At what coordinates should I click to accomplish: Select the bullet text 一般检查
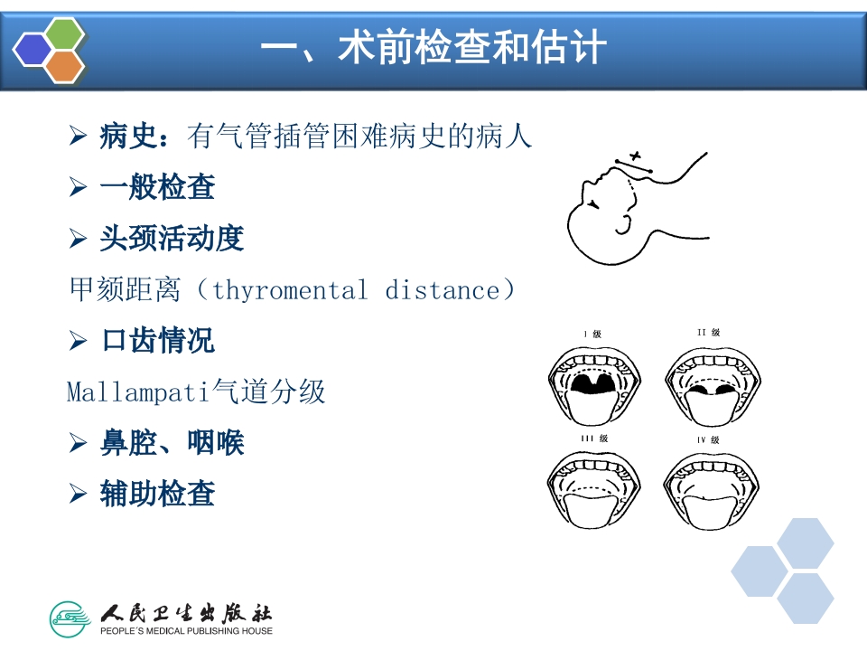[x=157, y=188]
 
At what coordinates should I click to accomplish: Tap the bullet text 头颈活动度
[x=172, y=239]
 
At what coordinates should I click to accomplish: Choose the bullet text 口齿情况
[x=157, y=341]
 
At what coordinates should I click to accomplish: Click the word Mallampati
[x=138, y=392]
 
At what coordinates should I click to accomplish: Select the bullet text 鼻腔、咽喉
[x=172, y=443]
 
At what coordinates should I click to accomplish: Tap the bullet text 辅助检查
[x=157, y=494]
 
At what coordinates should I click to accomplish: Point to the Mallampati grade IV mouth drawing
[x=709, y=488]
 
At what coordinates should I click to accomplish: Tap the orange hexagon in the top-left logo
[x=64, y=66]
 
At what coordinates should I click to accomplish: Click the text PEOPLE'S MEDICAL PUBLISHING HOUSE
[x=186, y=630]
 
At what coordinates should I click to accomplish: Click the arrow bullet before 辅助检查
[x=77, y=494]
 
